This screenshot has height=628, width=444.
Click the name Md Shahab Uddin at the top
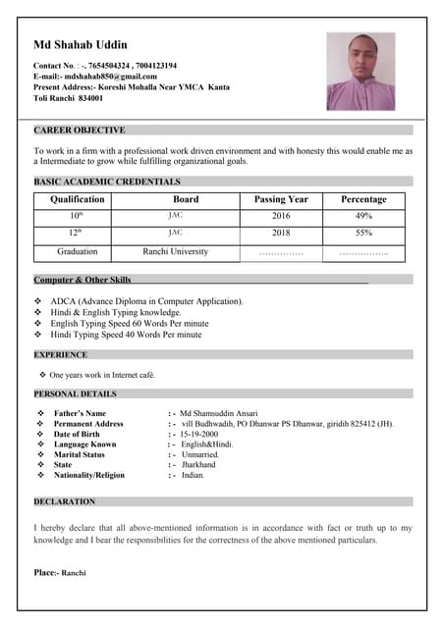(80, 45)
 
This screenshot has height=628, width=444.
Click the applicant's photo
(361, 72)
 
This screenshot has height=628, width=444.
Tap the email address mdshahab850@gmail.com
(109, 77)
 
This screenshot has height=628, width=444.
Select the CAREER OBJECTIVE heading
(80, 131)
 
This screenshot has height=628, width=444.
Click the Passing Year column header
(281, 199)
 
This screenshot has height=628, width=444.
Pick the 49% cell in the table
(363, 216)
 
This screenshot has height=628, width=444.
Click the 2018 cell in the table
(281, 234)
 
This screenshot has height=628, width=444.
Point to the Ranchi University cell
(176, 252)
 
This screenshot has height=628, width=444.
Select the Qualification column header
(77, 199)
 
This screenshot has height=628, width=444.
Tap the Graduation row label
(77, 252)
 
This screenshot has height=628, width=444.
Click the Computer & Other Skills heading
(83, 281)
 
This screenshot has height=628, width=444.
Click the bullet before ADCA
(38, 301)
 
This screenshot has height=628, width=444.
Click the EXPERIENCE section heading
(61, 355)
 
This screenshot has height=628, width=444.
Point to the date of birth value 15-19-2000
(198, 434)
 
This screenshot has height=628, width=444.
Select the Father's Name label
(80, 413)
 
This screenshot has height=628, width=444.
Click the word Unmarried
(199, 454)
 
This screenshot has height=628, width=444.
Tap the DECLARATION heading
(65, 502)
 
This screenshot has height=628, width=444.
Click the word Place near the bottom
(45, 572)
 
